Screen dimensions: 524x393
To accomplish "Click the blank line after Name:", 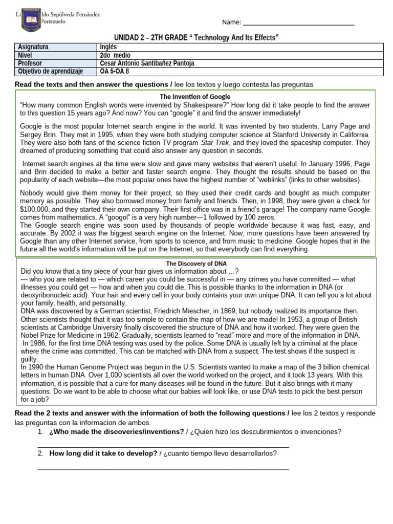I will pyautogui.click(x=298, y=24).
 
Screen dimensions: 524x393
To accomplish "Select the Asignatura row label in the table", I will pyautogui.click(x=33, y=47).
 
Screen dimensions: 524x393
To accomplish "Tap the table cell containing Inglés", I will pyautogui.click(x=108, y=47).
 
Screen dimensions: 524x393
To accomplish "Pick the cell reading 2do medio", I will pyautogui.click(x=115, y=55).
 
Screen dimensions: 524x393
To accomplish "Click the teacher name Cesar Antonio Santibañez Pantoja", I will pyautogui.click(x=147, y=63).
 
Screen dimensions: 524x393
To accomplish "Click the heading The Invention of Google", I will pyautogui.click(x=195, y=96).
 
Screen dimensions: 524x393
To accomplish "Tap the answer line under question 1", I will pyautogui.click(x=164, y=447).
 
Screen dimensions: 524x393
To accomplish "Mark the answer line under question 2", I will pyautogui.click(x=164, y=469).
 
